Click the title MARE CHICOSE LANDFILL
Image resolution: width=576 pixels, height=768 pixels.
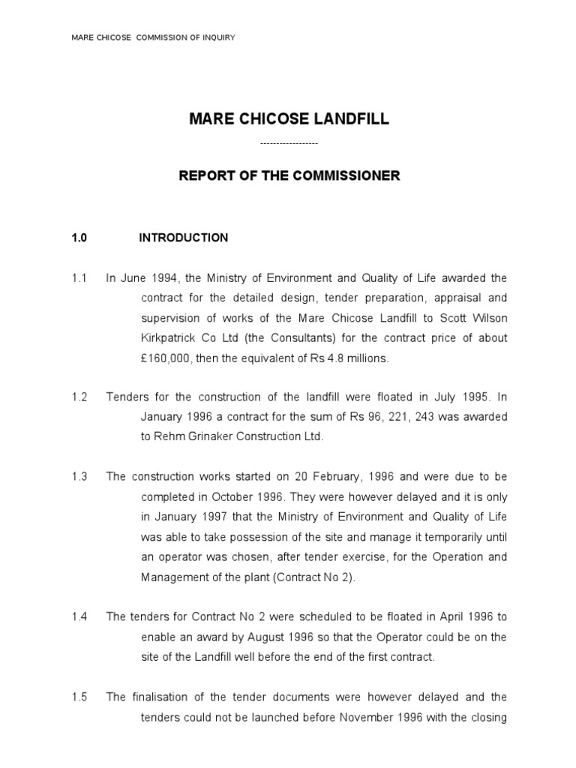[289, 119]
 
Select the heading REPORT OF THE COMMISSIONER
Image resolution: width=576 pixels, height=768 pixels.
[289, 176]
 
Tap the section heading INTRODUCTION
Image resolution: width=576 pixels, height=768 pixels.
[184, 238]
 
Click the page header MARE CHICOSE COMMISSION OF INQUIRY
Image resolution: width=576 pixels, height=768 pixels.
[153, 37]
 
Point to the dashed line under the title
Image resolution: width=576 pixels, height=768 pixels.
[289, 143]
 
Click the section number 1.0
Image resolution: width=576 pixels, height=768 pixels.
[79, 238]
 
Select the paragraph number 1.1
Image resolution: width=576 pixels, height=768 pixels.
[79, 278]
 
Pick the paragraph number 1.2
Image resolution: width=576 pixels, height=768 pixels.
[79, 397]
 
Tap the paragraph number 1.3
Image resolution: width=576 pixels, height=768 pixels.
[79, 476]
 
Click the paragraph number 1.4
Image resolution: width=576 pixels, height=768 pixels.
[79, 617]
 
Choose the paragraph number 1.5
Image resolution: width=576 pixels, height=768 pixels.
[79, 697]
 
